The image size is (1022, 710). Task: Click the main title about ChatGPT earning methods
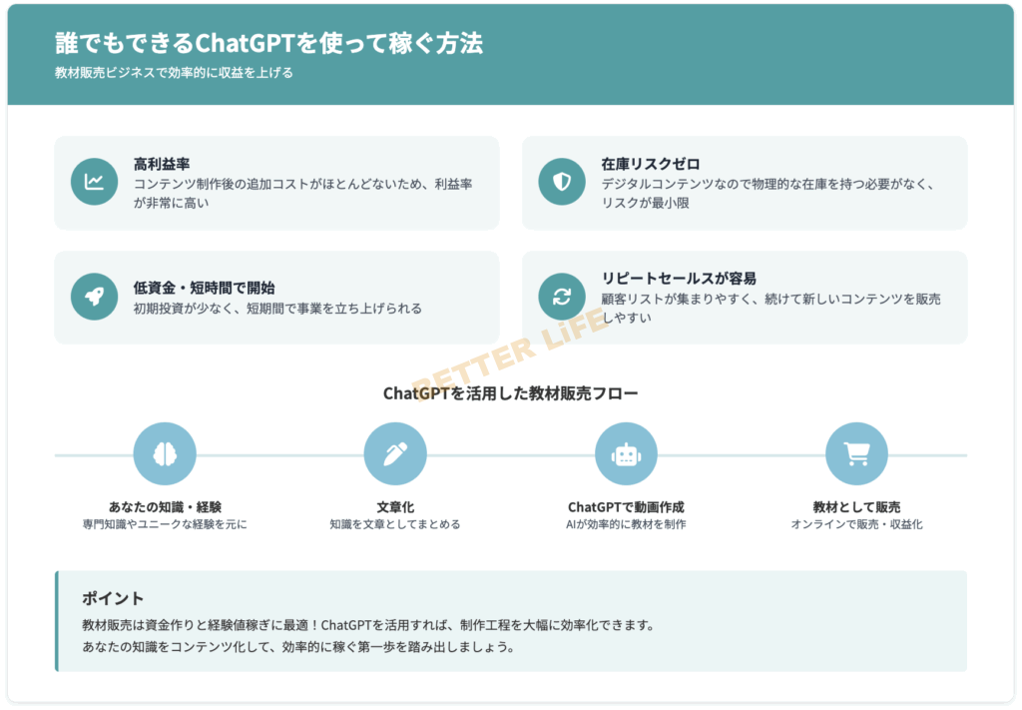point(268,44)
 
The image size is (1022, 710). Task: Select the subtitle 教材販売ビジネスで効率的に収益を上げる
point(174,73)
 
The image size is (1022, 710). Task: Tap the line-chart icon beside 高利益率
point(95,182)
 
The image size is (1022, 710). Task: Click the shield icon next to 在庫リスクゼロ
point(562,182)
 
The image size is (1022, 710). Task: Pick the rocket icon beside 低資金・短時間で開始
point(95,297)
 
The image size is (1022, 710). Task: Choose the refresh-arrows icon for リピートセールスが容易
point(562,297)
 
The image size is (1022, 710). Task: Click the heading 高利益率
point(162,164)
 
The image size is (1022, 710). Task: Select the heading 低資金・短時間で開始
point(204,288)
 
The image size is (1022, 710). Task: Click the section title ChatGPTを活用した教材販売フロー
point(510,393)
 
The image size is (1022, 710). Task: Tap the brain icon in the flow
point(165,454)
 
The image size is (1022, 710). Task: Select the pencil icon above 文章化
point(395,454)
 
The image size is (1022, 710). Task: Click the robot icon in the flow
point(626,454)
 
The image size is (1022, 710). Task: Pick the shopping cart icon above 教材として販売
point(856,454)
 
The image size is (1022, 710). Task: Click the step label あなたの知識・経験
point(165,507)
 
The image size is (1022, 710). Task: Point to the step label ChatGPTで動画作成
point(626,507)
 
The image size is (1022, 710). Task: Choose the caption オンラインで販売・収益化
point(856,524)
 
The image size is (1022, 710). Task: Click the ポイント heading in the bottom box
point(113,598)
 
